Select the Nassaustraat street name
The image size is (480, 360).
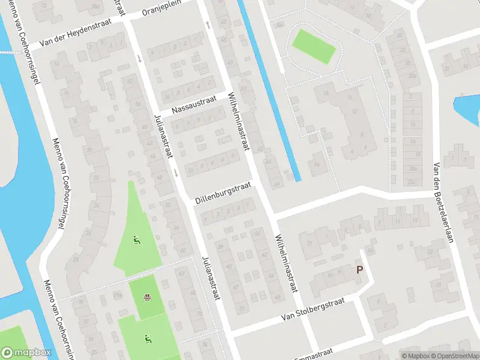pyautogui.click(x=191, y=107)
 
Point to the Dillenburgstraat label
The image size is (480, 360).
pyautogui.click(x=222, y=194)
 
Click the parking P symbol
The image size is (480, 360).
pyautogui.click(x=359, y=270)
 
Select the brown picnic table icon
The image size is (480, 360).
pyautogui.click(x=147, y=296)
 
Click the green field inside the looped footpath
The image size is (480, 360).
pyautogui.click(x=313, y=46)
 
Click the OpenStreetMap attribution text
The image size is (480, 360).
pyautogui.click(x=455, y=356)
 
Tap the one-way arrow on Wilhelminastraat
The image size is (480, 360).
pyautogui.click(x=208, y=25)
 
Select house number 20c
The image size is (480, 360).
pyautogui.click(x=412, y=181)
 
